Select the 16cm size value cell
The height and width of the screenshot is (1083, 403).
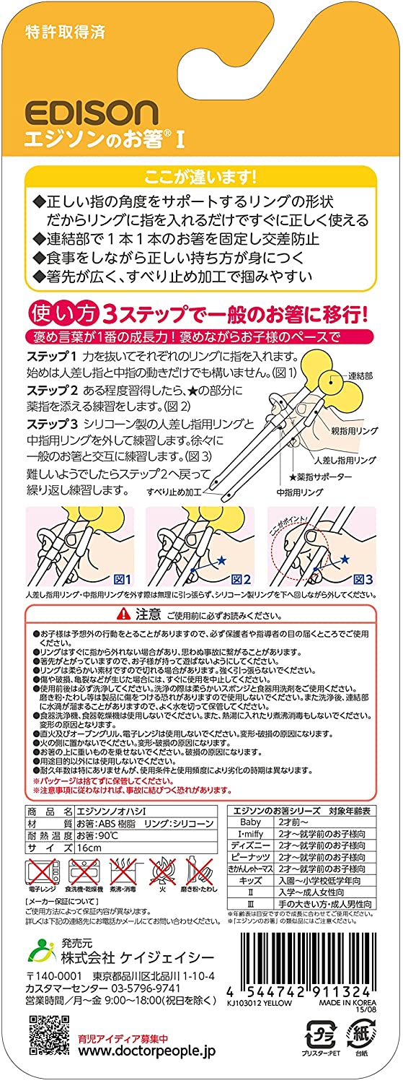(x=89, y=848)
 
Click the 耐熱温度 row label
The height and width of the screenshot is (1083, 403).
(x=49, y=834)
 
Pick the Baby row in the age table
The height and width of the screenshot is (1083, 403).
(x=247, y=821)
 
